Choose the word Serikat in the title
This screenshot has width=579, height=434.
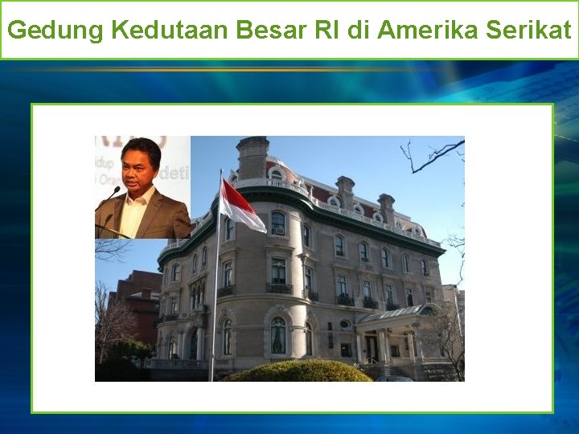pos(532,31)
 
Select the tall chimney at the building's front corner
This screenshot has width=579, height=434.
pos(253,157)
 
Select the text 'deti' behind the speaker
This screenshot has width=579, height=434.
pos(178,172)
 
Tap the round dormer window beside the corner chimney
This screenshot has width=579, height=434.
pos(277,174)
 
